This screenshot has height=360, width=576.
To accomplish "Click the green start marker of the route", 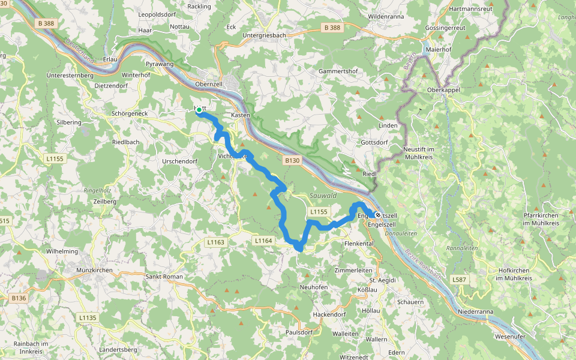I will coord(199,110).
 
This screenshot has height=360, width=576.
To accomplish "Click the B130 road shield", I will coord(292,160).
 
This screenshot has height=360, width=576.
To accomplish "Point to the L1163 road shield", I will coord(214,242).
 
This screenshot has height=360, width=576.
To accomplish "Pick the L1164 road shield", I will coord(263,241).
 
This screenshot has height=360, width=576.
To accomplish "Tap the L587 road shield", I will coord(460,280).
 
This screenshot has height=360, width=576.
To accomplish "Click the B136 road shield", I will coord(19,298).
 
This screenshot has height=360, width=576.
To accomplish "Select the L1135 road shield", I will coord(87,317).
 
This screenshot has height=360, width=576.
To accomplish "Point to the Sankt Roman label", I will coord(164,277).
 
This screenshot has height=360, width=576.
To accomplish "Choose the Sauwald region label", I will coord(323,196).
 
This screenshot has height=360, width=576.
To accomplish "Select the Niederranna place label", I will coord(476,312).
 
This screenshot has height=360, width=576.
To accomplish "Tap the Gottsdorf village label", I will coord(374,143).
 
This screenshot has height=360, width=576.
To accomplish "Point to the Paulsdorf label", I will coord(300,332).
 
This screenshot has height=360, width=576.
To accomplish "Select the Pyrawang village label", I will coord(160,63).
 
